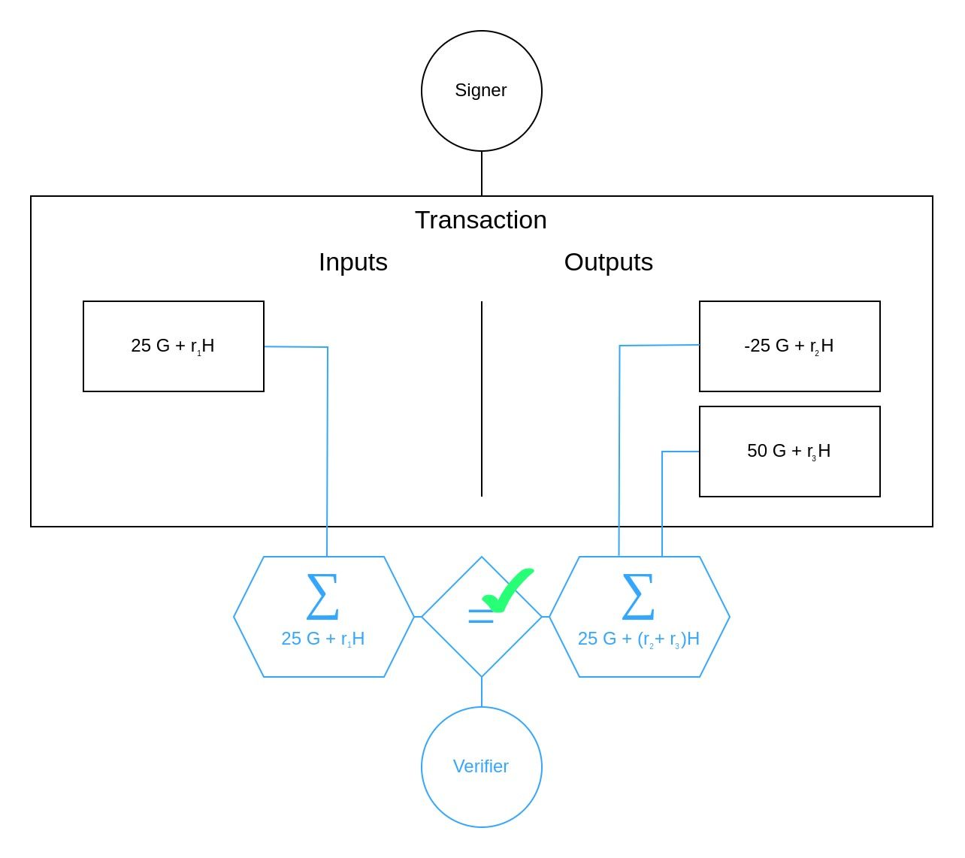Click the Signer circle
(481, 90)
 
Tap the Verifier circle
(481, 766)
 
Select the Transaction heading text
(481, 220)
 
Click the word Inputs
(353, 262)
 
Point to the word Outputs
(608, 262)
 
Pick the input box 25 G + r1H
(174, 346)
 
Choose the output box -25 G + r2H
(789, 346)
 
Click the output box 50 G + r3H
(789, 452)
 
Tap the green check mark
(509, 589)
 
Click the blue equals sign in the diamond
(480, 617)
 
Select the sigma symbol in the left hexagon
(322, 597)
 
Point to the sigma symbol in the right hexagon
(638, 597)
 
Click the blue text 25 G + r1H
(322, 639)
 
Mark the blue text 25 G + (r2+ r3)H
(638, 639)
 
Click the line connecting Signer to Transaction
(482, 174)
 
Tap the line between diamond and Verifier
(482, 692)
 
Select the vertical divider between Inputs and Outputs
(482, 398)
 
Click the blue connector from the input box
(328, 451)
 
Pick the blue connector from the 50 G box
(662, 503)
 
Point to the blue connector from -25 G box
(619, 451)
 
